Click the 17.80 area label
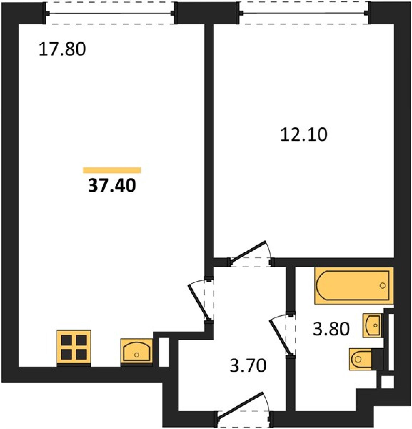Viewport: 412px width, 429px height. click(x=62, y=49)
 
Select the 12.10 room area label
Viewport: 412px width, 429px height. click(x=304, y=135)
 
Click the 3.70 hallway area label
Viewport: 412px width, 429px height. click(x=248, y=366)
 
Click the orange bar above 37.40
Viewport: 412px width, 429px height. click(x=112, y=170)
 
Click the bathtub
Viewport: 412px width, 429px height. click(x=354, y=286)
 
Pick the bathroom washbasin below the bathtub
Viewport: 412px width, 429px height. click(x=372, y=325)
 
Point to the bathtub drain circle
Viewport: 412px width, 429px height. click(x=383, y=286)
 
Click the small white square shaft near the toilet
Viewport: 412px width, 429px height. click(x=387, y=382)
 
